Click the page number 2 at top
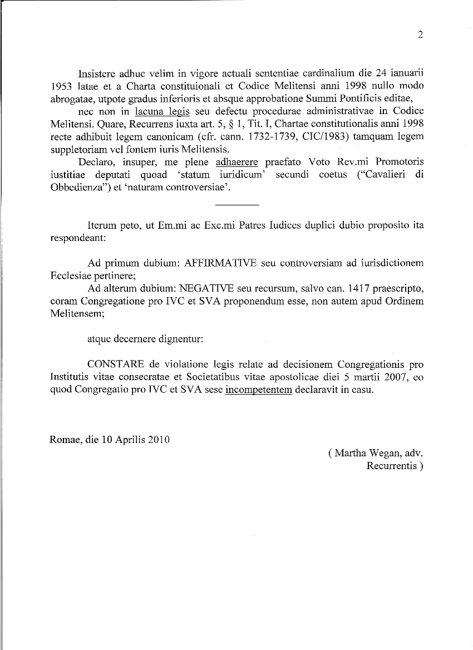(420, 35)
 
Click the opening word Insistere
(97, 73)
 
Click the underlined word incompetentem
(259, 390)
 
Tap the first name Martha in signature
(351, 453)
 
